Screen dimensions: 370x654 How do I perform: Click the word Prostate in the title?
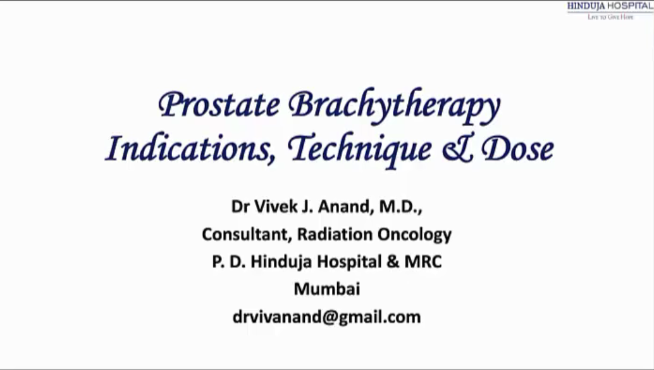219,105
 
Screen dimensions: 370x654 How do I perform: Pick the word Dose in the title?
517,149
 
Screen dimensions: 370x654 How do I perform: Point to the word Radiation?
335,234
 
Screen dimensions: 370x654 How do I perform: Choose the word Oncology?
414,234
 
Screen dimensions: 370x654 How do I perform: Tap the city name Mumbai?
327,289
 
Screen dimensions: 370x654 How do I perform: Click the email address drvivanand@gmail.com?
326,317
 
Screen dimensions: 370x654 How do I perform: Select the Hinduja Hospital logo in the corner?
610,6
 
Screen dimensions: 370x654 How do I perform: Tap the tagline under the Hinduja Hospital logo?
610,17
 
